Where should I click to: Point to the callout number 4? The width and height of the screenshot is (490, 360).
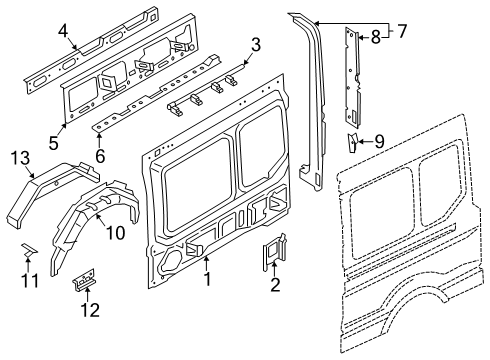tap(63, 31)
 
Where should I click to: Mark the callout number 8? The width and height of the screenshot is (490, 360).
tap(375, 39)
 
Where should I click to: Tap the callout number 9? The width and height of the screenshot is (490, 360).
tap(379, 141)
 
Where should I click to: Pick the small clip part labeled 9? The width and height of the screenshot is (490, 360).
tap(353, 141)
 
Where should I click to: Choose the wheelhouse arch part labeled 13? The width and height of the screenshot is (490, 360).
tap(50, 190)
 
